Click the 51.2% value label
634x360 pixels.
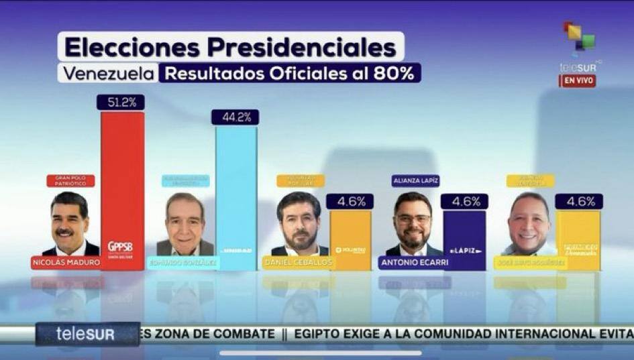tap(121, 103)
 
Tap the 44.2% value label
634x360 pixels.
tap(235, 117)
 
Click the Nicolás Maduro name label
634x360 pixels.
tap(66, 262)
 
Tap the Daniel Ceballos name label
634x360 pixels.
tap(298, 262)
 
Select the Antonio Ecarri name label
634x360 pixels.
tap(414, 262)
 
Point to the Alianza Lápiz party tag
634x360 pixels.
tap(416, 180)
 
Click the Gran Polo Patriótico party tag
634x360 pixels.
tap(70, 180)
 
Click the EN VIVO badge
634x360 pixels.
tap(578, 81)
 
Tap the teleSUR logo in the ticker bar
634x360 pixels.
tap(86, 334)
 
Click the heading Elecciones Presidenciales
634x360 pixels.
tap(230, 48)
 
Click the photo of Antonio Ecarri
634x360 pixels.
tap(413, 223)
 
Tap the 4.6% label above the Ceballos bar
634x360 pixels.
tap(350, 202)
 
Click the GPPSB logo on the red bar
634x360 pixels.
tap(121, 247)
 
